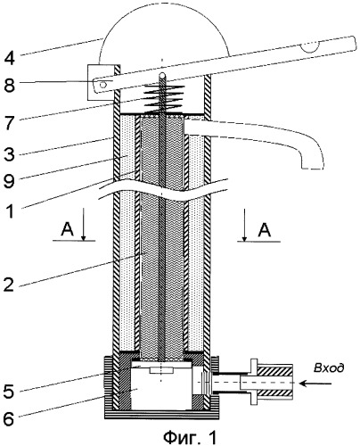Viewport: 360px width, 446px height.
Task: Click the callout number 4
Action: coord(9,58)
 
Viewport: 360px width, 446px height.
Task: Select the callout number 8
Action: coord(9,86)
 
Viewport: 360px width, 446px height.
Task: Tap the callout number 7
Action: coord(10,122)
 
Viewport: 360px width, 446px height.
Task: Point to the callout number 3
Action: coord(9,154)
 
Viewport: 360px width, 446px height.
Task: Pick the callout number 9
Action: coord(9,181)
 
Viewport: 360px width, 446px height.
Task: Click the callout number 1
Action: coord(10,211)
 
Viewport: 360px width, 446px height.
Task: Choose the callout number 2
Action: coord(9,284)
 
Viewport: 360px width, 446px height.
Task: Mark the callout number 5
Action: coord(9,392)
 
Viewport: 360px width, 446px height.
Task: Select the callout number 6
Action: coord(9,419)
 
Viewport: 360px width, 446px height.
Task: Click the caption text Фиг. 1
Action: coord(190,437)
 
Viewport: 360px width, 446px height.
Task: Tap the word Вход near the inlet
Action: coord(329,368)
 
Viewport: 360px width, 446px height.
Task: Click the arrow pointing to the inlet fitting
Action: coord(315,384)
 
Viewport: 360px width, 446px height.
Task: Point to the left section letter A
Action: coord(68,229)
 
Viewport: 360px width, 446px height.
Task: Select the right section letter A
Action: coord(265,230)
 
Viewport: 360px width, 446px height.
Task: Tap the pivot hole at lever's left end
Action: coord(103,86)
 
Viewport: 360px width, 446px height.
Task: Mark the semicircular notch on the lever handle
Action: coord(309,47)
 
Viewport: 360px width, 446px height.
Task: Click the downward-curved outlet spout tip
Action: coord(313,166)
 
